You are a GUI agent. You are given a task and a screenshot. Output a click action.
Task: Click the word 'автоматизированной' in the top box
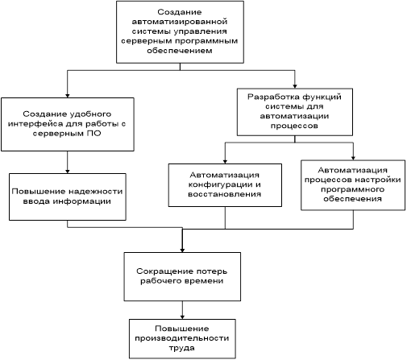tap(180, 22)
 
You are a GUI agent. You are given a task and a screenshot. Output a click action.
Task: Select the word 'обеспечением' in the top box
tap(180, 51)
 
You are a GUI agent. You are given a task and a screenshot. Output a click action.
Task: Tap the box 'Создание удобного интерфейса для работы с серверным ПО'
tap(68, 124)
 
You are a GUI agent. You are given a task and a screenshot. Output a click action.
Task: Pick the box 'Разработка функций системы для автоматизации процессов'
tap(295, 112)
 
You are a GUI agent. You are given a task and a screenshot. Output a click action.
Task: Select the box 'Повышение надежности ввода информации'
tap(68, 197)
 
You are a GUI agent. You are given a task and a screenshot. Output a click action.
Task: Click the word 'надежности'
tap(95, 192)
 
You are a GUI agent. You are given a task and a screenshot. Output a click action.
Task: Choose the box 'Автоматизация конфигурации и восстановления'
tap(225, 185)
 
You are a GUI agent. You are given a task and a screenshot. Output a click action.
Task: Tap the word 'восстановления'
tap(225, 194)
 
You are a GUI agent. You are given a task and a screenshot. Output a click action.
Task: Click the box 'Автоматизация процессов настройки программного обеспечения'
tap(353, 185)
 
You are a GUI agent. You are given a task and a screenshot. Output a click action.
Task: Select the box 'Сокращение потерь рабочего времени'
tap(182, 276)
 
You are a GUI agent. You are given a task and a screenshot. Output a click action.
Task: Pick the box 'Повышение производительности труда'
tap(182, 338)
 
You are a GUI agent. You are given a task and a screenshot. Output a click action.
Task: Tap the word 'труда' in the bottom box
tap(182, 348)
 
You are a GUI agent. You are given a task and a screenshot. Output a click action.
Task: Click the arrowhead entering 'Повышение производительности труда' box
tap(182, 317)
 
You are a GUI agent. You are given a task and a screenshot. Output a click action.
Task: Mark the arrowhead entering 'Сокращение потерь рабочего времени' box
tap(182, 250)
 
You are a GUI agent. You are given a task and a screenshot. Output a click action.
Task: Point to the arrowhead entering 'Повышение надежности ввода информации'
tap(68, 172)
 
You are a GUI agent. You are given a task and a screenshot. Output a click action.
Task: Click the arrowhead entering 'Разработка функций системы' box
tap(295, 86)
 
